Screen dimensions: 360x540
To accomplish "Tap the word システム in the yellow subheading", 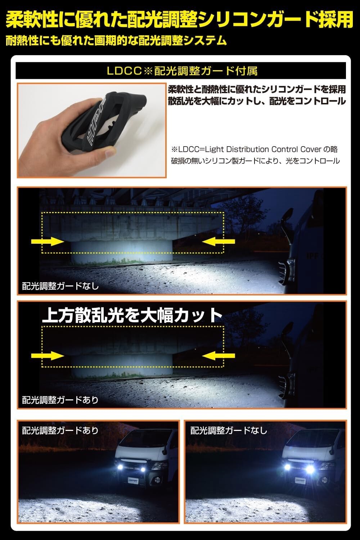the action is click(205, 40).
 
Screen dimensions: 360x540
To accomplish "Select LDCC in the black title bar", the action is click(124, 71).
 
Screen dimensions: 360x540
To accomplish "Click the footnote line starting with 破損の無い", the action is click(255, 161).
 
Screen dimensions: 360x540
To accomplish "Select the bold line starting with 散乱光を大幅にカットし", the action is click(257, 101).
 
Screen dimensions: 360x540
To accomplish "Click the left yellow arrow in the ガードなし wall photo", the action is click(48, 241).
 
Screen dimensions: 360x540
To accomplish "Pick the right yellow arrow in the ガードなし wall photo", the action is click(219, 241).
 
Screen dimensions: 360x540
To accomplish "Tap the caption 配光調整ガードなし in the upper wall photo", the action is click(60, 286).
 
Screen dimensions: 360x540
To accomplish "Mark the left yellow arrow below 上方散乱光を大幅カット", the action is click(48, 355).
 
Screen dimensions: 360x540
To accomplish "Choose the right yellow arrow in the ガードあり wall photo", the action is click(219, 355).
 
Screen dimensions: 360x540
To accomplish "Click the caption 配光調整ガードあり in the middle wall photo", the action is click(60, 400).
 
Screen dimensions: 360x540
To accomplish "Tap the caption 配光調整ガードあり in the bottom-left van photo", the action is click(60, 431).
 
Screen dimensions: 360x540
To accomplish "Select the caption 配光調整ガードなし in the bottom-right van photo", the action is click(229, 431).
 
